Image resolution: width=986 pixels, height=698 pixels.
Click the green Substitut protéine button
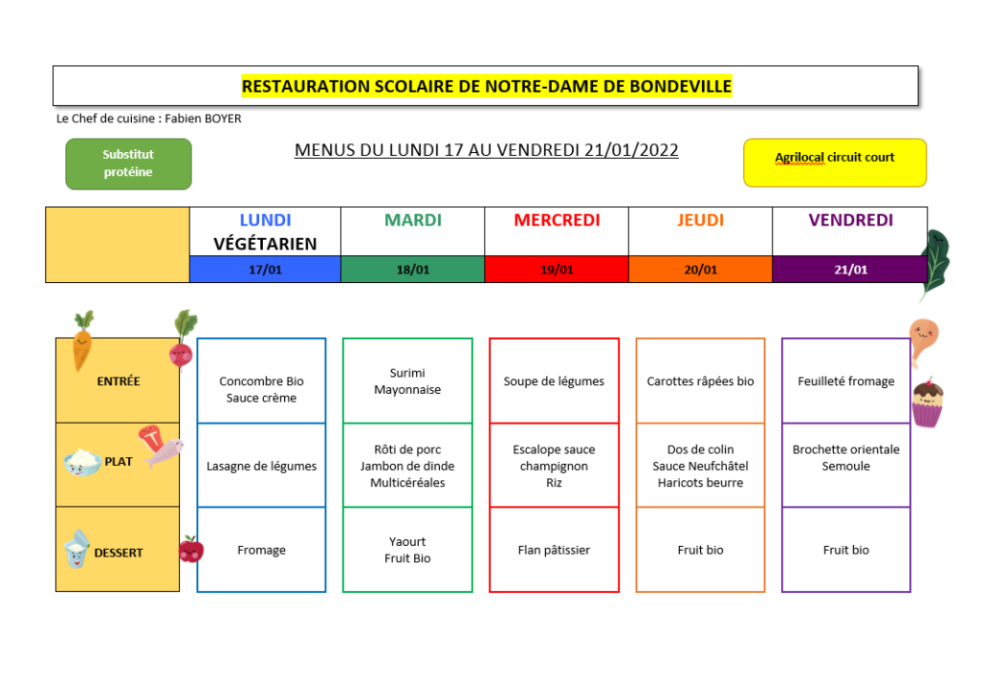tap(128, 164)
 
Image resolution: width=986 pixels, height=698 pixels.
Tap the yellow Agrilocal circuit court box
tap(835, 163)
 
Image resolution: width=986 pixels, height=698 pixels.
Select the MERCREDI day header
tap(557, 220)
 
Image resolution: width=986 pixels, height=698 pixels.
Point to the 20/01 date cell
tap(700, 270)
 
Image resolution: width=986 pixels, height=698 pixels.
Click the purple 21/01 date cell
tap(850, 270)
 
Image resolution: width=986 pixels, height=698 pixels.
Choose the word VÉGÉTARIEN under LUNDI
tap(265, 244)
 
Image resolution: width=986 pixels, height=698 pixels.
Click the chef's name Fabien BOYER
tap(203, 118)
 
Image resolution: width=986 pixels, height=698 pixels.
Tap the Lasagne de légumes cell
tap(262, 465)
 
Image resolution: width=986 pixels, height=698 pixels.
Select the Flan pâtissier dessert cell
tap(554, 550)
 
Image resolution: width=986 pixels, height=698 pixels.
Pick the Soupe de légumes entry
tap(554, 381)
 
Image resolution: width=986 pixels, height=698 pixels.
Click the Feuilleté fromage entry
tap(845, 381)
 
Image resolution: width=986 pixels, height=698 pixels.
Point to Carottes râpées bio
tap(700, 381)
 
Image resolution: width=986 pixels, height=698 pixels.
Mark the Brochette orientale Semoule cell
tap(845, 465)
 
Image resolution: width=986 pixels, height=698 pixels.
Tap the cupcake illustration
tap(927, 402)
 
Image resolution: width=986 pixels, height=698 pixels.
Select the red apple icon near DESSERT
tap(192, 549)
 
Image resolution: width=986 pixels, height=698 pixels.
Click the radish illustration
tap(182, 340)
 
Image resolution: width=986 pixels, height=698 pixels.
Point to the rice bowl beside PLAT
tap(83, 462)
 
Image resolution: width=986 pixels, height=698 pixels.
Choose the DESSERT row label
tap(118, 553)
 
